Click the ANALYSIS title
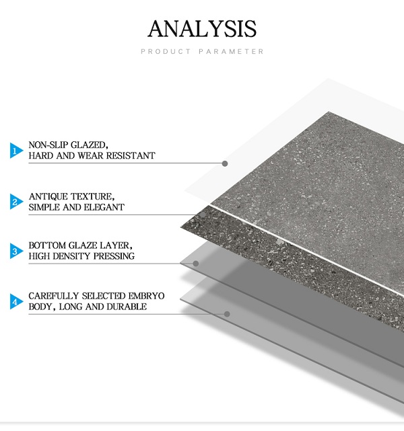pyautogui.click(x=202, y=29)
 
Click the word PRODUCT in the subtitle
pyautogui.click(x=166, y=51)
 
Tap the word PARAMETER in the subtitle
pyautogui.click(x=231, y=51)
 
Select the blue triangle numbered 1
pyautogui.click(x=16, y=151)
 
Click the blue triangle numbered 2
pyautogui.click(x=16, y=202)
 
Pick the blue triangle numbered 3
pyautogui.click(x=16, y=251)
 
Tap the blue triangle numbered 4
pyautogui.click(x=16, y=301)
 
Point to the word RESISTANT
pyautogui.click(x=131, y=155)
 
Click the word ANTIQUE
pyautogui.click(x=48, y=196)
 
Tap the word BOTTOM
pyautogui.click(x=46, y=245)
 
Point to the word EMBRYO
pyautogui.click(x=146, y=296)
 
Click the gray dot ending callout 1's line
pyautogui.click(x=225, y=163)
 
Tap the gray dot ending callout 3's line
pyautogui.click(x=196, y=264)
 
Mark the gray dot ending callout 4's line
pyautogui.click(x=227, y=314)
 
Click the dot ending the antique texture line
pyautogui.click(x=203, y=214)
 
